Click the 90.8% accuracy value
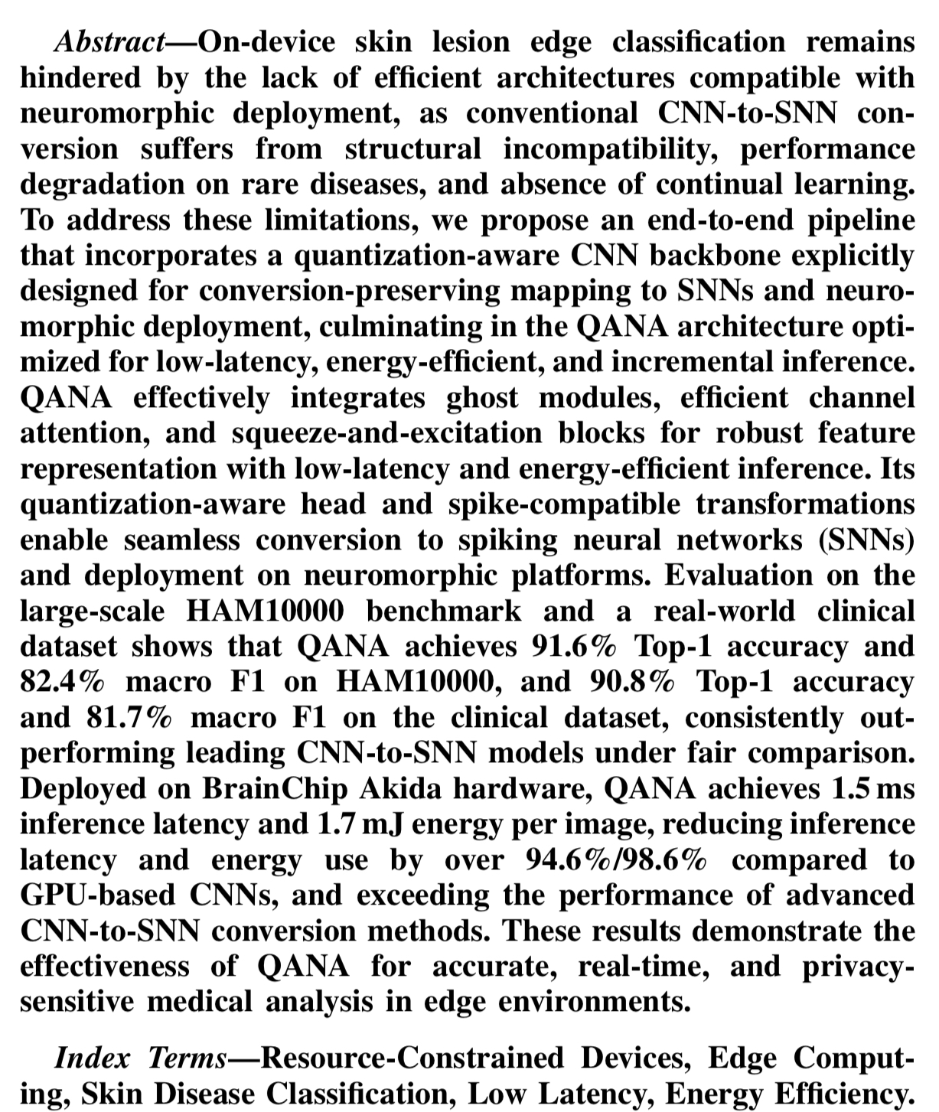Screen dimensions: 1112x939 click(x=631, y=682)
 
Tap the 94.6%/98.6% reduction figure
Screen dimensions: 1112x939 click(x=615, y=860)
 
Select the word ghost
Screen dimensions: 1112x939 click(x=481, y=398)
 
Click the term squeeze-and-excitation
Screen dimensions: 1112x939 click(x=388, y=433)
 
